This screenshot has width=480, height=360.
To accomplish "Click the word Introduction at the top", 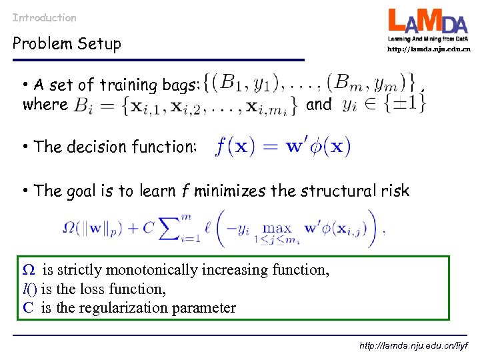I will (44, 18).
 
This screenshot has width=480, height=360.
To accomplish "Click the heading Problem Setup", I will (67, 44).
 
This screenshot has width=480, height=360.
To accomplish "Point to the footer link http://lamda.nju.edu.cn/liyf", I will (413, 345).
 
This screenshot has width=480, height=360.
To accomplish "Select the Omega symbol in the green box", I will (29, 270).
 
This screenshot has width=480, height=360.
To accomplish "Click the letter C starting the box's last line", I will (28, 307).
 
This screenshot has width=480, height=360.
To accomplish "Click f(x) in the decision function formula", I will (232, 145).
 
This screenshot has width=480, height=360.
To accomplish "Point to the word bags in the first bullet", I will (178, 85).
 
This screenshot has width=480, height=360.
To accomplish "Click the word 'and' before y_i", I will (319, 105).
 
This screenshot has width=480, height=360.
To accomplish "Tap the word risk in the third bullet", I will (396, 191).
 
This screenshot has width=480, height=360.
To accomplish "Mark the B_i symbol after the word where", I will (85, 105).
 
